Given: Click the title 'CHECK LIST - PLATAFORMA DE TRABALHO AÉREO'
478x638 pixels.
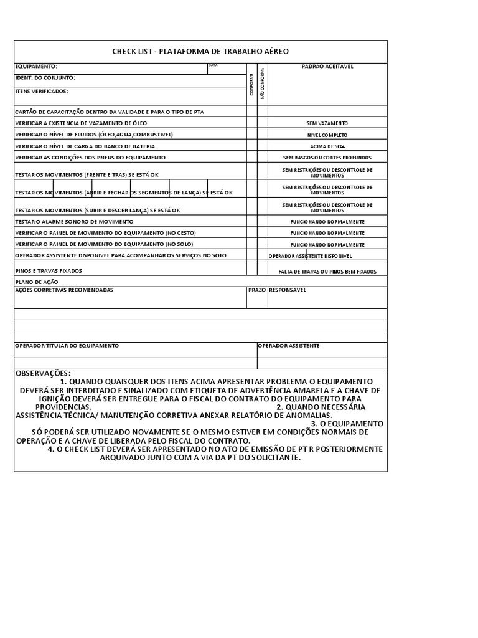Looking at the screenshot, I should tap(200, 52).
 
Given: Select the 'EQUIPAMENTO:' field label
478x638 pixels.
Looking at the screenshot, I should tap(36, 66).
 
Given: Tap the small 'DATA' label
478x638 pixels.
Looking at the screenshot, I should tap(213, 65).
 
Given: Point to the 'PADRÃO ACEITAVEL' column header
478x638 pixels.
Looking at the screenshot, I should tap(327, 66).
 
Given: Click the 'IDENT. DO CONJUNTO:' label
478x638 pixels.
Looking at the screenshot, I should tap(45, 78).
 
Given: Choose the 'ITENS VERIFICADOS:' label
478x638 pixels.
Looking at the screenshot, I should tap(42, 92).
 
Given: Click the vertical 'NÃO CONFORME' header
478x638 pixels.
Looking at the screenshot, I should tap(263, 83).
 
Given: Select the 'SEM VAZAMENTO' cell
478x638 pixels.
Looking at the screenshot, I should tap(327, 123).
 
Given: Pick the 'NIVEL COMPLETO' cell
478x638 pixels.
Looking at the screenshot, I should tap(327, 135).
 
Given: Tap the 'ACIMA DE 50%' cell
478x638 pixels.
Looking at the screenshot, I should tap(327, 146).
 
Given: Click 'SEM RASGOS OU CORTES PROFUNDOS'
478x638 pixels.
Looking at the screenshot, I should tap(327, 158).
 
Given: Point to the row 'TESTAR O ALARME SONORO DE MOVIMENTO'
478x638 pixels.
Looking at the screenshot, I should tap(74, 222).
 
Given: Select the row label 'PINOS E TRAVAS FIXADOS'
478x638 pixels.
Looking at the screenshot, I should tap(49, 271).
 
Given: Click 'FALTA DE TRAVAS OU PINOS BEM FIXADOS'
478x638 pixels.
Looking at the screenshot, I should tap(327, 272).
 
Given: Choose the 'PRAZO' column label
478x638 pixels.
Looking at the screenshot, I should tap(257, 290).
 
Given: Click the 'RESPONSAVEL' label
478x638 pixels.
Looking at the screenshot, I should tap(288, 290).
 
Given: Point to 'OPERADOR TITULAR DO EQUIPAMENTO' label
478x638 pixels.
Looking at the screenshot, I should tap(67, 345).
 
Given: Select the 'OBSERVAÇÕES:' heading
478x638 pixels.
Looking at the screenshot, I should tap(43, 373).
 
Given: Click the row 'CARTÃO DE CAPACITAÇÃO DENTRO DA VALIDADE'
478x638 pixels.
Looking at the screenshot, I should tap(110, 112).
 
